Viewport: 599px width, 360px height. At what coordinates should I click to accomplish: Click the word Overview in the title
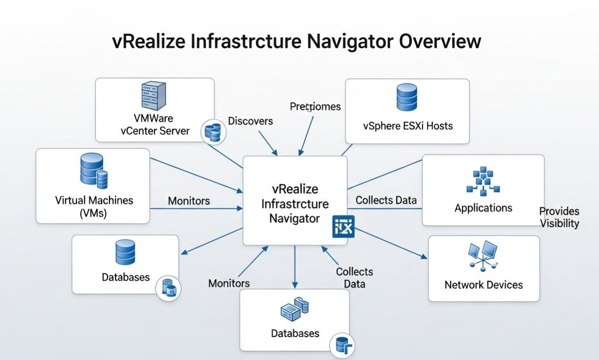point(439,41)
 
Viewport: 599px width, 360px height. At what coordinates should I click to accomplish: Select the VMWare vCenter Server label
point(155,124)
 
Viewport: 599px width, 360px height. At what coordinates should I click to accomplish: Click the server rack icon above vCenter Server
point(154,96)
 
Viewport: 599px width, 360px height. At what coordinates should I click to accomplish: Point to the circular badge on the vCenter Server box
point(213,132)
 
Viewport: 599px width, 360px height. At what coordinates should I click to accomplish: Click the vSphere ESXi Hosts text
point(408,126)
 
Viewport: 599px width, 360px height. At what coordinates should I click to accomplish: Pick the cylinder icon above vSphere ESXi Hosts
point(407,97)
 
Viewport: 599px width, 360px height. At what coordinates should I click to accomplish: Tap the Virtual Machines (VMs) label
point(94,206)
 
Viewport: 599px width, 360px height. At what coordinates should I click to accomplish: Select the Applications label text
point(483,208)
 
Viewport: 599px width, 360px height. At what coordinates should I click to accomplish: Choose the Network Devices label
point(483,285)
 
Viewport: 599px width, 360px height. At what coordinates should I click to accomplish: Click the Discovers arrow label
point(250,121)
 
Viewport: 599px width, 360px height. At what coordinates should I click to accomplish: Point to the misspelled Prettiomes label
point(315,107)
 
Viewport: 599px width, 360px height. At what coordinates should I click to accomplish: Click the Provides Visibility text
point(559,217)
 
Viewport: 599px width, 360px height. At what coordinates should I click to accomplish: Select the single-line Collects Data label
point(386,200)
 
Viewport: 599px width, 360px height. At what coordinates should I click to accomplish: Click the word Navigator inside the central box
point(294,218)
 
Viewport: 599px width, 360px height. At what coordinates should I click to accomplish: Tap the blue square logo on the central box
point(343,227)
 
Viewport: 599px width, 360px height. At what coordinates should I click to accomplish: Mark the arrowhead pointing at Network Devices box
point(424,257)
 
